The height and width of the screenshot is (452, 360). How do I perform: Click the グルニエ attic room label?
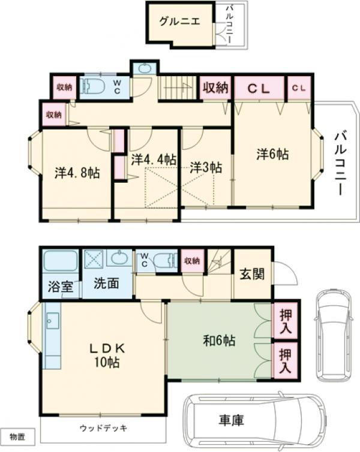179,22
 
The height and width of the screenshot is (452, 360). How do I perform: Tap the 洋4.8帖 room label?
77,173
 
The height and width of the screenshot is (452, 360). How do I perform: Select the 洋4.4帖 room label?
154,159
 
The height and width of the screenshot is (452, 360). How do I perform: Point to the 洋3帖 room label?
206,167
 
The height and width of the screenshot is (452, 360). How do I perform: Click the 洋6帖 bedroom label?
272,154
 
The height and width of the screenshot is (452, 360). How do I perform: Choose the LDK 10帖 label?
107,355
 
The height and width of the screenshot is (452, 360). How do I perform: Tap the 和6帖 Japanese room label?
219,340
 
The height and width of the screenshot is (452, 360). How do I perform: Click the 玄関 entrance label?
253,274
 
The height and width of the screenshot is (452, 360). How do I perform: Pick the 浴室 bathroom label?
61,287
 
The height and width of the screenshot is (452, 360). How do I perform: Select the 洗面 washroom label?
106,284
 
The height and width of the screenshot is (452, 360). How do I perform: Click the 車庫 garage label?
231,420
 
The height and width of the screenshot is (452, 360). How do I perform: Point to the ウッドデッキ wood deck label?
103,428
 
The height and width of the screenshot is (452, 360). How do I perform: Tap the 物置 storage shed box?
17,437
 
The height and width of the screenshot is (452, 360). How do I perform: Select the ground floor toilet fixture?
165,261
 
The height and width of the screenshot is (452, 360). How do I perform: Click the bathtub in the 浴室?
60,261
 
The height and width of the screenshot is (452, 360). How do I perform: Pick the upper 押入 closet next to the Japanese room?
285,321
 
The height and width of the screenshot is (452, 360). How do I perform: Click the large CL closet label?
259,89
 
